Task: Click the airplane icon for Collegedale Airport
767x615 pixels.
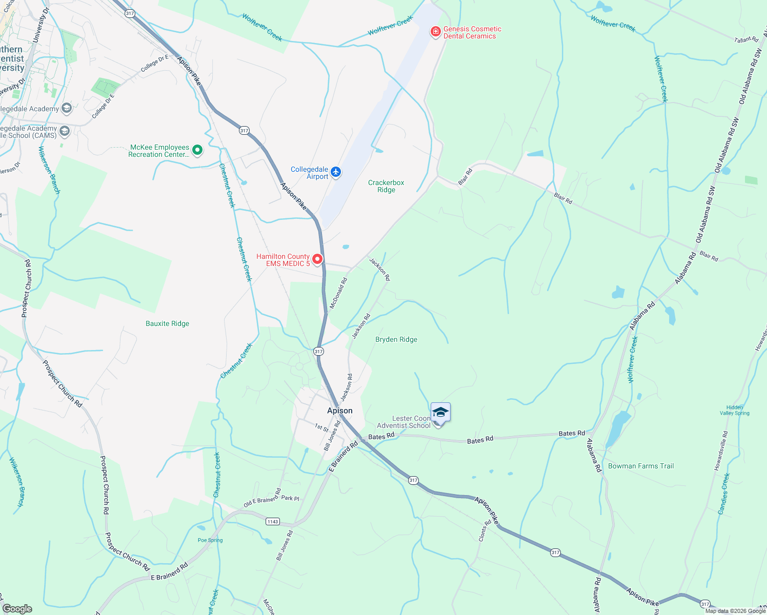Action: coord(336,172)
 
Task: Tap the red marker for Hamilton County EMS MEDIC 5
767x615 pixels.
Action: coord(317,259)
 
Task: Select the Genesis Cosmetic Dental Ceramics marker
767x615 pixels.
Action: coord(436,32)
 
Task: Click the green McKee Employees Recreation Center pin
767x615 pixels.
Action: coord(197,150)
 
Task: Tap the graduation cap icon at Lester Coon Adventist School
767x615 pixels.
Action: coord(440,412)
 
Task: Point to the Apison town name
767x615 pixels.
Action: coord(340,411)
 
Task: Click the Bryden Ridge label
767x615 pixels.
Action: coord(396,339)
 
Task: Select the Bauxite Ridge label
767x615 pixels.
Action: coord(167,323)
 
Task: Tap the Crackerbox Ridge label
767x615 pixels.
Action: coord(386,186)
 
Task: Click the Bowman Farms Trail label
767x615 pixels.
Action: coord(641,466)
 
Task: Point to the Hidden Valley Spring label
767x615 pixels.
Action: coord(734,411)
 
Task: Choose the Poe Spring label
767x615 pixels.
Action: coord(210,540)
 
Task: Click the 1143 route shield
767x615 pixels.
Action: coord(272,522)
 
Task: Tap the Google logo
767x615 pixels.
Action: coord(17,608)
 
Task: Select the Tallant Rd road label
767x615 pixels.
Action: coord(746,39)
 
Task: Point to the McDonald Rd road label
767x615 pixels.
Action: coord(338,293)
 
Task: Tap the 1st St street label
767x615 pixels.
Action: coord(321,427)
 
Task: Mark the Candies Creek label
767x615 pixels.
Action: coord(725,494)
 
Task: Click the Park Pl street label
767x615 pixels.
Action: coord(290,498)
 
